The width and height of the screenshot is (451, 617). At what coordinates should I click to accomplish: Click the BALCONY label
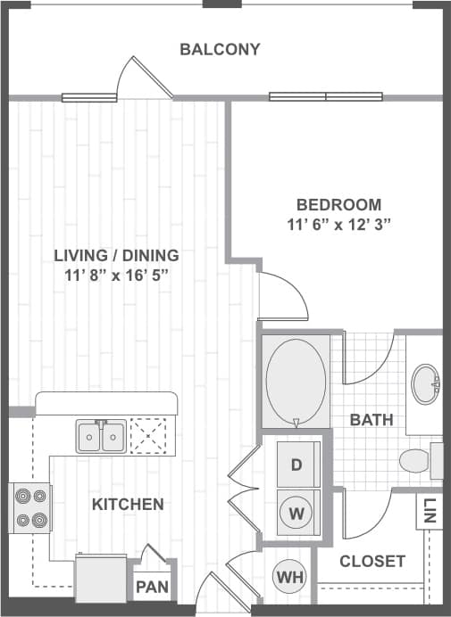(220, 49)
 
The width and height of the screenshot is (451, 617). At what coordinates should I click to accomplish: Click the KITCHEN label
(128, 505)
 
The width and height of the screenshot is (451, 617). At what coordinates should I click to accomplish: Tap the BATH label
(367, 419)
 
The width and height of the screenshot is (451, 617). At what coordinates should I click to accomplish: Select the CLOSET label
(373, 562)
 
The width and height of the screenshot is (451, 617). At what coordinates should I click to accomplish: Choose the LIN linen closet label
(430, 510)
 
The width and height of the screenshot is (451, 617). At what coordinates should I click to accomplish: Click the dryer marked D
(296, 465)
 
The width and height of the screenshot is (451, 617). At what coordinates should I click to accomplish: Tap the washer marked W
(296, 513)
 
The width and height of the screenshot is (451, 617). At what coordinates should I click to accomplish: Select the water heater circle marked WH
(289, 577)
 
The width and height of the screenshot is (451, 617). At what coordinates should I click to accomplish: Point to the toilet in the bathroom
(416, 461)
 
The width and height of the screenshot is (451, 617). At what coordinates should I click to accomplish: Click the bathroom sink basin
(427, 384)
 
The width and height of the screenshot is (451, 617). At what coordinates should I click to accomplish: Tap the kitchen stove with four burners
(29, 508)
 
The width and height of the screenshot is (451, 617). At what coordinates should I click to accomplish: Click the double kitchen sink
(101, 437)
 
